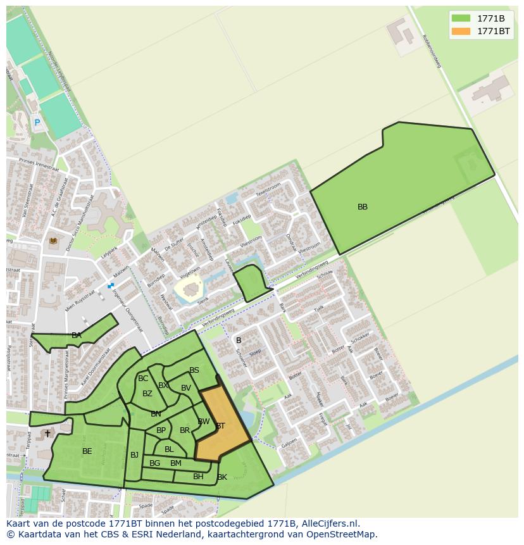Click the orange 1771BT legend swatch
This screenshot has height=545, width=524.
(461, 31)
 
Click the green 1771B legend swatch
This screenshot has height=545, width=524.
(461, 18)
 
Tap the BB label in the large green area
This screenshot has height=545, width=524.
(363, 207)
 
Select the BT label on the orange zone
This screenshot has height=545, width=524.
(220, 426)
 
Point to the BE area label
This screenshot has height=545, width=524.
(87, 451)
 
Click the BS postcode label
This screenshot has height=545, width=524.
(194, 370)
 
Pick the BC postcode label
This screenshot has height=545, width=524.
(143, 379)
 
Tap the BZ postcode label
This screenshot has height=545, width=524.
(147, 394)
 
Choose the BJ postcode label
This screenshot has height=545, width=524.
(134, 455)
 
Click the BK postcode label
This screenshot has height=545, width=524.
(222, 477)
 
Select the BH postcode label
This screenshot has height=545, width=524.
(199, 477)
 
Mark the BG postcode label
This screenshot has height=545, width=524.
(154, 463)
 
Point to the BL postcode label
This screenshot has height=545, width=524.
(169, 449)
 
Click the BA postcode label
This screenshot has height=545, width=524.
(77, 335)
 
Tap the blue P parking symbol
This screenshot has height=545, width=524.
(37, 123)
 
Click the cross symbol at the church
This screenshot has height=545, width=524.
(47, 434)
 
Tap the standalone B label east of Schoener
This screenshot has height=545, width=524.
(239, 341)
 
